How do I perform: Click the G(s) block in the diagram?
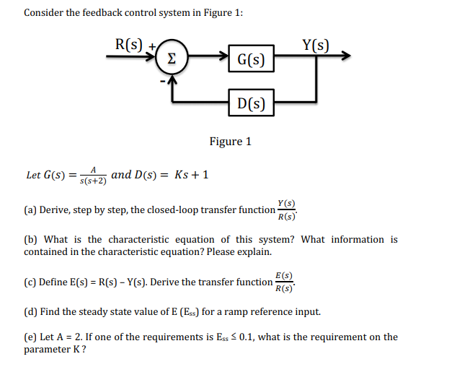pos(250,59)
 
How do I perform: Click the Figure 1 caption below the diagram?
pos(230,142)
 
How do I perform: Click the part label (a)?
pos(30,210)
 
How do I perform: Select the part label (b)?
pos(30,239)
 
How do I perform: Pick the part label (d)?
pos(30,312)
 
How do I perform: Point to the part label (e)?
pos(30,337)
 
